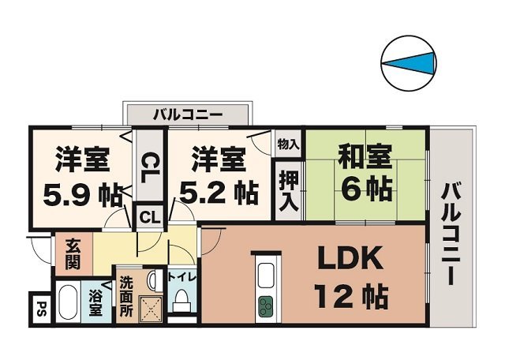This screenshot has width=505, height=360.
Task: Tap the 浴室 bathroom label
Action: click(x=95, y=304)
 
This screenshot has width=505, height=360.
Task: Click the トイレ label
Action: click(x=181, y=279)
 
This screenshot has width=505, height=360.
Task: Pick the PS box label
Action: click(x=40, y=308)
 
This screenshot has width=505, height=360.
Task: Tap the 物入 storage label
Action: click(x=288, y=144)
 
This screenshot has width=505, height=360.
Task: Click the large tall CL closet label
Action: click(x=147, y=167)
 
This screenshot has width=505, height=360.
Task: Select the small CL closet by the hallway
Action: click(x=148, y=215)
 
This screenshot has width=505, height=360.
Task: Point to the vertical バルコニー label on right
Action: click(x=451, y=234)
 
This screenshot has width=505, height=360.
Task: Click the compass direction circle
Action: click(x=409, y=62)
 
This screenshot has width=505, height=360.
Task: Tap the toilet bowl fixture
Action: click(x=181, y=302)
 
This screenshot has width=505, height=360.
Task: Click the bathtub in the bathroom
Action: click(x=67, y=304)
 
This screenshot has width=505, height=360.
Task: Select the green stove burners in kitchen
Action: click(x=265, y=303)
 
